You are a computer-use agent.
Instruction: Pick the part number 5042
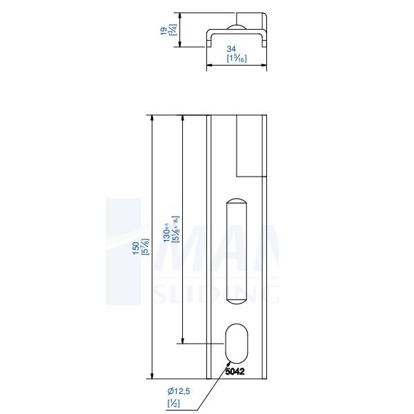(235, 371)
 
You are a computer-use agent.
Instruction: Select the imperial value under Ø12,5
(173, 403)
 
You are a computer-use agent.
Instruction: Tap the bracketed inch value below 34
(237, 59)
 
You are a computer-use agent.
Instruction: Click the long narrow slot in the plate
(237, 251)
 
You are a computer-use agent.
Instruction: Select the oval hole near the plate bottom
(237, 342)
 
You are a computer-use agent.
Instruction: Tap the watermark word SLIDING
(214, 294)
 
